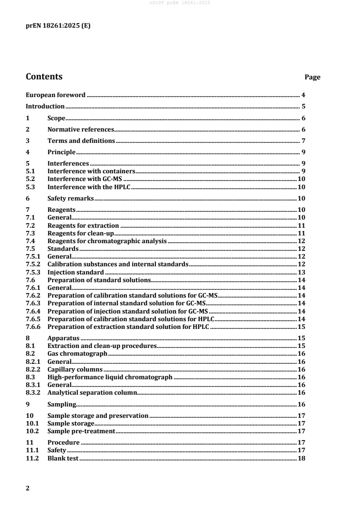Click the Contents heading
pyautogui.click(x=44, y=77)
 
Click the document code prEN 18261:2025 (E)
pyautogui.click(x=58, y=26)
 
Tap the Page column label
pyautogui.click(x=312, y=77)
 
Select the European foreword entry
pyautogui.click(x=55, y=95)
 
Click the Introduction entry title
pyautogui.click(x=45, y=107)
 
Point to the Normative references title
pyautogui.click(x=80, y=129)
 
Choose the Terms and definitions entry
pyautogui.click(x=81, y=141)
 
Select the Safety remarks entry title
pyautogui.click(x=70, y=198)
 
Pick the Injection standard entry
pyautogui.click(x=76, y=272)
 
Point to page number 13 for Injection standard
pyautogui.click(x=301, y=272)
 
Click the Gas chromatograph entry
pyautogui.click(x=77, y=353)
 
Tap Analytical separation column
pyautogui.click(x=92, y=392)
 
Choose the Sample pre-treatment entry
pyautogui.click(x=81, y=431)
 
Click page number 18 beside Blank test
pyautogui.click(x=301, y=458)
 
